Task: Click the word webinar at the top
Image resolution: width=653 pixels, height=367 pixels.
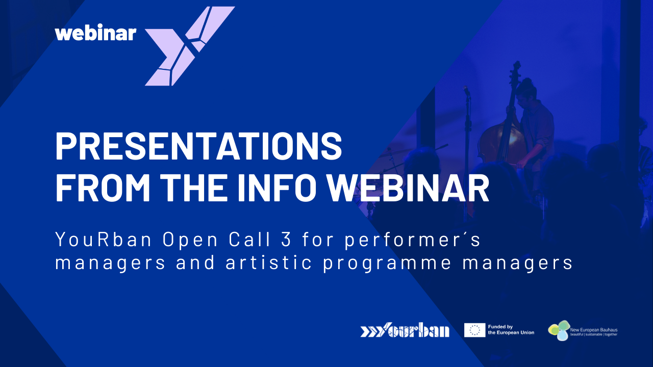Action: tap(95, 33)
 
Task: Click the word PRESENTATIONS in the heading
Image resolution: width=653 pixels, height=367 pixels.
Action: tap(198, 146)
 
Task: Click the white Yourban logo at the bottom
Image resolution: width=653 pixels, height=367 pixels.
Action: tap(405, 330)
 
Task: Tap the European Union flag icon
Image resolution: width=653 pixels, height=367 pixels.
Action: tap(474, 330)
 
